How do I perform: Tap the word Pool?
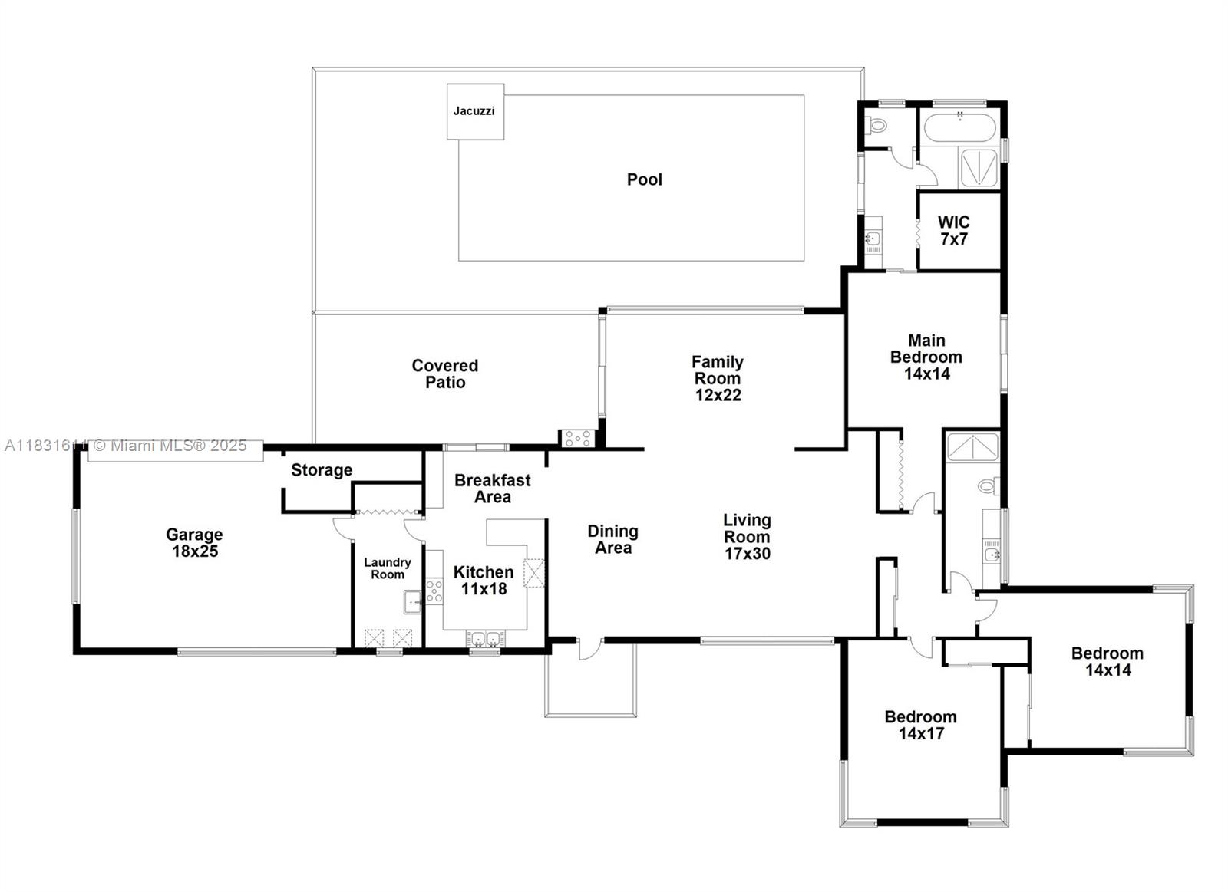644,179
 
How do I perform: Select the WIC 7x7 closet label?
953,231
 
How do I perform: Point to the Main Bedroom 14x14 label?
926,357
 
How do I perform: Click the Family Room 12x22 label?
718,378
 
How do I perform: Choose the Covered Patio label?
445,374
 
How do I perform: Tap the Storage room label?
322,470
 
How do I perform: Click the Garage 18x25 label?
194,543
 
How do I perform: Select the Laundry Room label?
388,568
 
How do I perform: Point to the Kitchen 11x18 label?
484,581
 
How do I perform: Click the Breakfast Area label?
492,489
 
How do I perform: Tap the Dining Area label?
612,539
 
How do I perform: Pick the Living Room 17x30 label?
747,537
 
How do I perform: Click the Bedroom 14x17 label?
920,725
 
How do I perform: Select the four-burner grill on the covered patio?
577,439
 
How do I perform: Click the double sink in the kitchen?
484,638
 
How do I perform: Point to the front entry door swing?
589,649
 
